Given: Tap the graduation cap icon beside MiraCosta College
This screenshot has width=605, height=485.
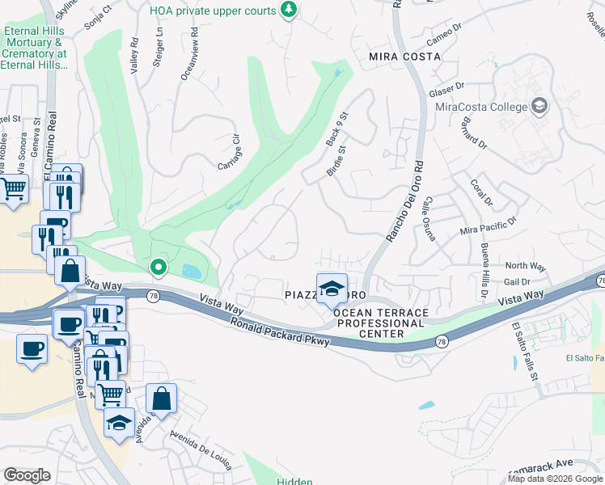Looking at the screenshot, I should [x=539, y=106].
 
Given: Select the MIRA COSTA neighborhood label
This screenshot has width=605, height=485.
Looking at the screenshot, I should [x=404, y=57].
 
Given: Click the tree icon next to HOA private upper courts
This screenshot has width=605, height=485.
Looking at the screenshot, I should [x=288, y=9].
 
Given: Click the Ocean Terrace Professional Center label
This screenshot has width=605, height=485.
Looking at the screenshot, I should [x=379, y=323].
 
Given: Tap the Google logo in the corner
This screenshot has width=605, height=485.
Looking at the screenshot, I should [x=27, y=474].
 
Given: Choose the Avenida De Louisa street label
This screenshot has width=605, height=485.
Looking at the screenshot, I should [x=201, y=449].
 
